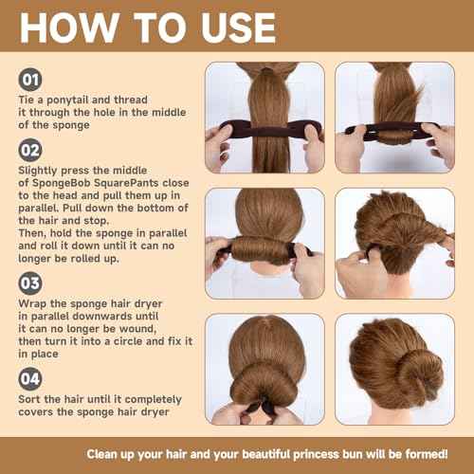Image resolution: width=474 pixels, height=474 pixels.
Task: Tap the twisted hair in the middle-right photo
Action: click(398, 242)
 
